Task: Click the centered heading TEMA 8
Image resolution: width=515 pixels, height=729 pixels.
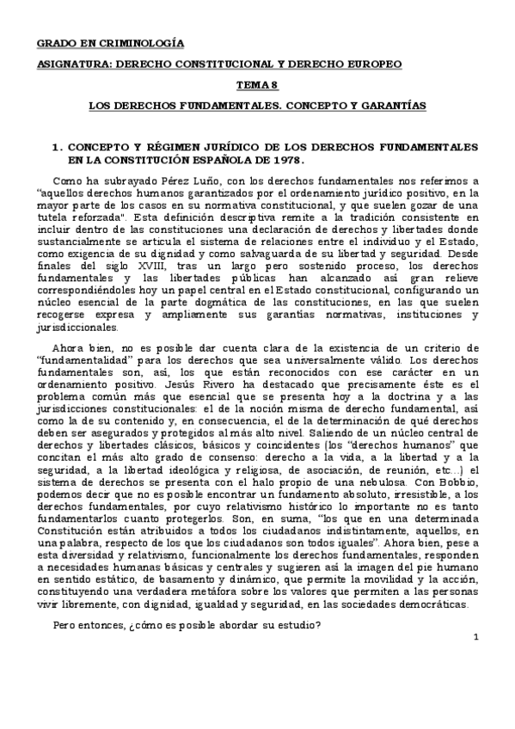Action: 257,84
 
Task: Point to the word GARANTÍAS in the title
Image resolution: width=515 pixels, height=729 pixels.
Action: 391,105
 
